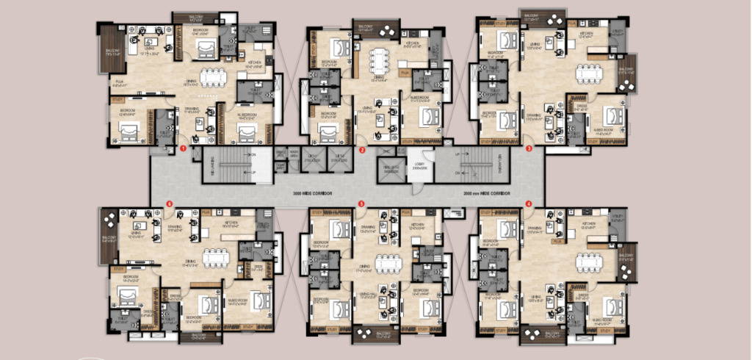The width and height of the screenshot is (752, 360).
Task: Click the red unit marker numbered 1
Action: pos(182,149)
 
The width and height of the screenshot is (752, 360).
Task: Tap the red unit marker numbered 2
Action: pos(362,149)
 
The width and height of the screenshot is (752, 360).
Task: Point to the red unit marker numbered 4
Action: pos(529,204)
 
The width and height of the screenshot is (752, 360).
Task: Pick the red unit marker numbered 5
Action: pos(361,204)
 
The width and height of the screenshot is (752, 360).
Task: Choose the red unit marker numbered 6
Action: pos(170,204)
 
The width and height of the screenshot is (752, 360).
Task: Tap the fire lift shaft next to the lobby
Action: pos(389,170)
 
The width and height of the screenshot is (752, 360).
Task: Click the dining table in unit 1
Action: pos(214,77)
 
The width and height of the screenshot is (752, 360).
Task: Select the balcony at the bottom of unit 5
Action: pos(375,334)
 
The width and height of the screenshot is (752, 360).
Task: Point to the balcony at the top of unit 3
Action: pos(543,18)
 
